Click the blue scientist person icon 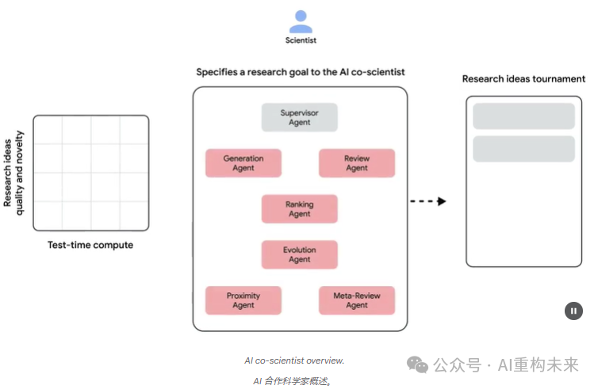pos(301,21)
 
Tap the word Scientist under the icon pos(301,40)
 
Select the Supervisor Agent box pos(300,117)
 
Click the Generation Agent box pos(243,163)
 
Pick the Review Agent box pos(357,163)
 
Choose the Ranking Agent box pos(300,209)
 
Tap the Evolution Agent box pos(300,255)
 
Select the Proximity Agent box pos(243,300)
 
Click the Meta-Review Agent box pos(357,300)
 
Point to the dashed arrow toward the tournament pos(428,201)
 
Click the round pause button pos(573,311)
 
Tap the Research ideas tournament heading pos(523,78)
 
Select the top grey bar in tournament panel pos(523,116)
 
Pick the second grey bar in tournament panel pos(523,149)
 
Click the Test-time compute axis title pos(90,246)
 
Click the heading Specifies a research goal pos(301,72)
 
